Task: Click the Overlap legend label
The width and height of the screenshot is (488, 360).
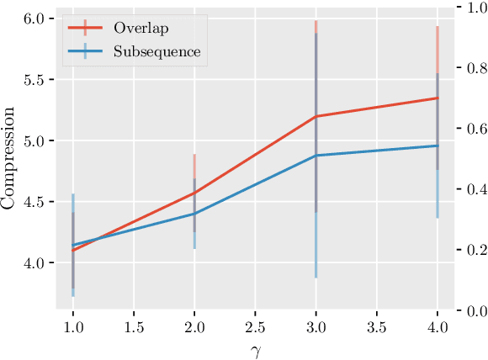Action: point(141,27)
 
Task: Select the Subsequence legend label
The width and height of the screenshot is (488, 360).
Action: point(157,51)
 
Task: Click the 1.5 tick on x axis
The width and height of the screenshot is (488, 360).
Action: point(134,325)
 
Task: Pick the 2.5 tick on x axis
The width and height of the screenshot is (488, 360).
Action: point(256,325)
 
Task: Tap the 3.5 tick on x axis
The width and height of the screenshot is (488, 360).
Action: point(377,325)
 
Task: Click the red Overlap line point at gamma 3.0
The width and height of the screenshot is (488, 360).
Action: point(316,116)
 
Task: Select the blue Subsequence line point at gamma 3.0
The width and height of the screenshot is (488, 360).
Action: point(316,156)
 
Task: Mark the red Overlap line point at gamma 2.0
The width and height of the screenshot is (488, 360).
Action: point(194,193)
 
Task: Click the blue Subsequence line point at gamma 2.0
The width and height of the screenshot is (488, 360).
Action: point(194,214)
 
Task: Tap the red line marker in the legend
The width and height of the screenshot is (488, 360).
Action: point(85,27)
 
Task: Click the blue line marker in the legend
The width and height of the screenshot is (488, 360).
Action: point(85,51)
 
